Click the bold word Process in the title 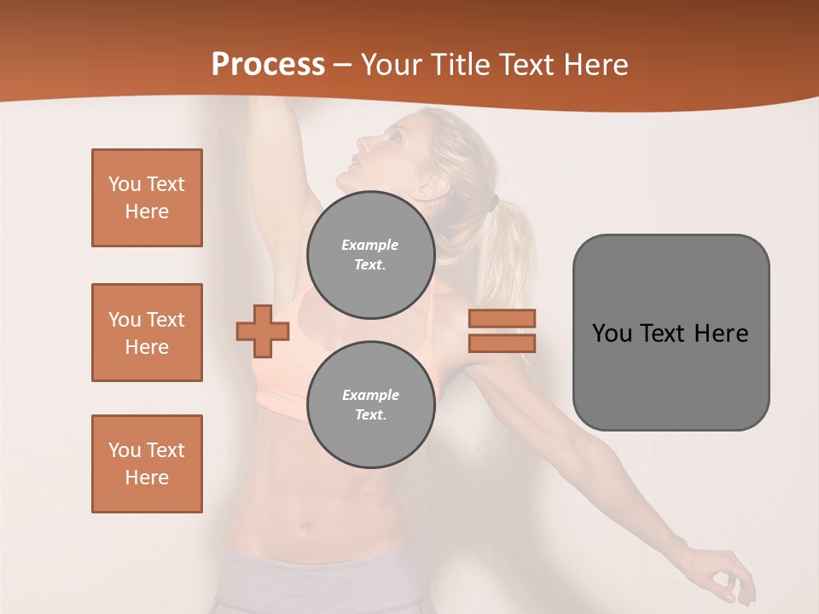tap(268, 65)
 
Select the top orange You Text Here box tap(147, 198)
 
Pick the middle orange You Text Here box tap(147, 333)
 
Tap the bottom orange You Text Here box tap(147, 464)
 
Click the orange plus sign tap(263, 331)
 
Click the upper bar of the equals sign tap(502, 318)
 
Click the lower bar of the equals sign tap(502, 343)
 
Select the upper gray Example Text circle tap(370, 255)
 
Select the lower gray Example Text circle tap(370, 405)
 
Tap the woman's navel tap(305, 524)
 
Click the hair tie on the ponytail tap(493, 203)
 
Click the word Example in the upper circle tap(370, 245)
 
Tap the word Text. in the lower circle tap(370, 415)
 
